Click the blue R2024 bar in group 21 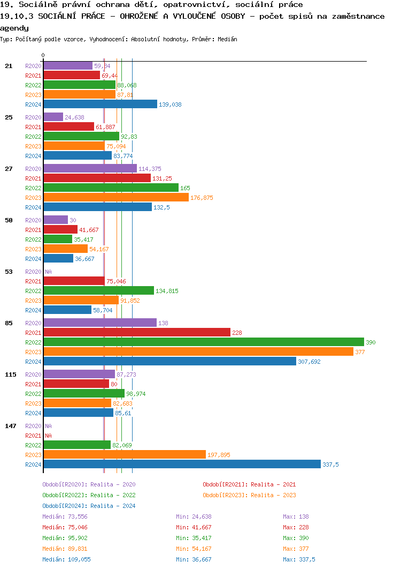(100, 104)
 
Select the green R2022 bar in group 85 (203, 342)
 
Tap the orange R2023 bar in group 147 (124, 455)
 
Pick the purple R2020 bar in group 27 (90, 169)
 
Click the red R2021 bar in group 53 (74, 281)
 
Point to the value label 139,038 (170, 104)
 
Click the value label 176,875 (202, 198)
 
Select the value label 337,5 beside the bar (330, 465)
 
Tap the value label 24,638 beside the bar (74, 117)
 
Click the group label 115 (11, 375)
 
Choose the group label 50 (9, 220)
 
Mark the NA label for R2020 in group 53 (48, 272)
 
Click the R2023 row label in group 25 (33, 146)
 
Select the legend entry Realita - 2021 (249, 484)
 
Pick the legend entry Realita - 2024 (89, 506)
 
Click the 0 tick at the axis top (43, 55)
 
